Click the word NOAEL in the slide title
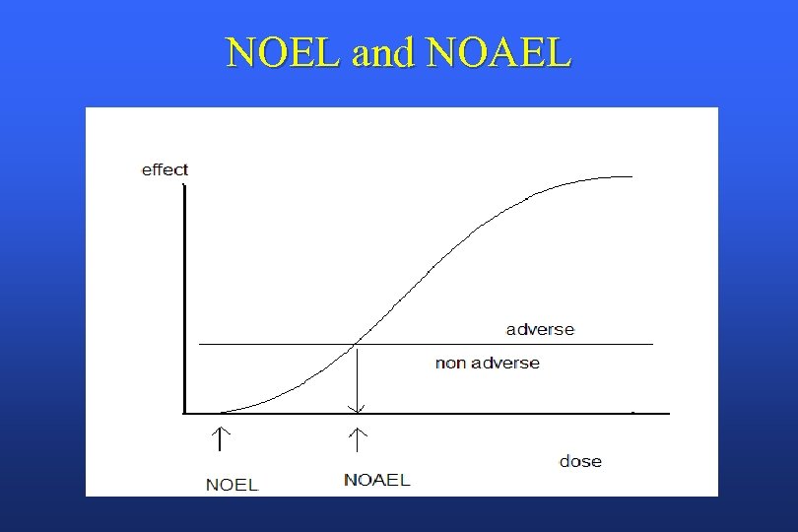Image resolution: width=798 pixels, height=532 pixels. pyautogui.click(x=499, y=53)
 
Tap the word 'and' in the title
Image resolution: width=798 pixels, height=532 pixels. pyautogui.click(x=387, y=53)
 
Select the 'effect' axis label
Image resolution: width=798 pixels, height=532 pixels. pyautogui.click(x=165, y=169)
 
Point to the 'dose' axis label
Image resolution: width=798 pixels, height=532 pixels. pyautogui.click(x=580, y=461)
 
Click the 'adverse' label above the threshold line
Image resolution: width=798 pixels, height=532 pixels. pyautogui.click(x=540, y=329)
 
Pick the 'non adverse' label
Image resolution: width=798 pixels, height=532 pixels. pyautogui.click(x=487, y=363)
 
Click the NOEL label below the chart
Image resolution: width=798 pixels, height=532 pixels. pyautogui.click(x=232, y=484)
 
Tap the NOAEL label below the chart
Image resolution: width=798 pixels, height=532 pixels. pyautogui.click(x=376, y=480)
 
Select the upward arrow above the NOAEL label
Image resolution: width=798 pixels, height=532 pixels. pyautogui.click(x=358, y=433)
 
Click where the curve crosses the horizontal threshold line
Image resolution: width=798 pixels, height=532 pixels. pyautogui.click(x=357, y=344)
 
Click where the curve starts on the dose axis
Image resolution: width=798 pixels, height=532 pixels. pyautogui.click(x=221, y=412)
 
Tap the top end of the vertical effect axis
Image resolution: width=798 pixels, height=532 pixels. pyautogui.click(x=184, y=186)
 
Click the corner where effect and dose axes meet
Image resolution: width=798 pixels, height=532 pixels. pyautogui.click(x=184, y=413)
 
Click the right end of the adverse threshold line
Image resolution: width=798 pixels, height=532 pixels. pyautogui.click(x=652, y=344)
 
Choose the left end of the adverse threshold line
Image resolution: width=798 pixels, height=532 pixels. pyautogui.click(x=200, y=344)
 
